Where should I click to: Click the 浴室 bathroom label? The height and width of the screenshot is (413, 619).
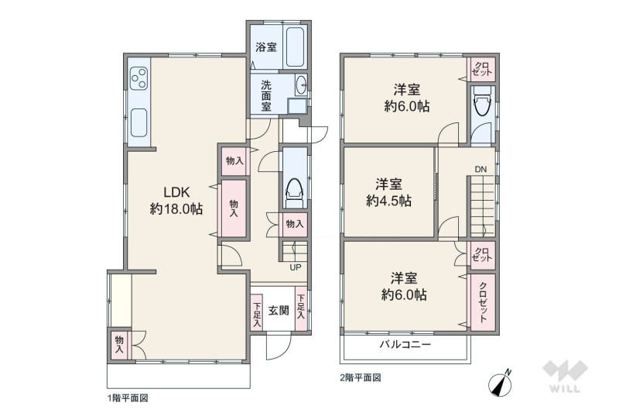click(x=266, y=47)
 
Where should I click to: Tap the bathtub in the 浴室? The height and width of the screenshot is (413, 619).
click(x=295, y=46)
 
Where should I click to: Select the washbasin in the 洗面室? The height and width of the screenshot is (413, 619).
click(x=301, y=84)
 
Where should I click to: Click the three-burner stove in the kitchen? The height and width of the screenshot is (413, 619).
click(x=139, y=78)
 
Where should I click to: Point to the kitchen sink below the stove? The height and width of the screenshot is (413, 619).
click(x=139, y=123)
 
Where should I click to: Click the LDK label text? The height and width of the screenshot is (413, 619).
click(x=177, y=192)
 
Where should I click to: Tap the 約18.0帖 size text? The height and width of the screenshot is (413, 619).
click(x=176, y=208)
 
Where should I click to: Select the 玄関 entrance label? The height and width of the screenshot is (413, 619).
click(x=279, y=310)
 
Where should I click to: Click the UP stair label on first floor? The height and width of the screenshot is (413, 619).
click(x=296, y=267)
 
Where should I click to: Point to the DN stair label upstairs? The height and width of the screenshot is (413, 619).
click(x=480, y=170)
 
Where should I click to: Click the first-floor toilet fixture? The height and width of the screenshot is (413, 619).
click(x=295, y=192)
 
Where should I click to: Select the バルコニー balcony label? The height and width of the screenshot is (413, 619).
click(x=405, y=344)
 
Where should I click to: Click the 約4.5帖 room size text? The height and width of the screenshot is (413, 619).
click(x=389, y=201)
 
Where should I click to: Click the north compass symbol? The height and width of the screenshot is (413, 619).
click(x=500, y=383)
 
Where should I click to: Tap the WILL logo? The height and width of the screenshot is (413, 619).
click(x=566, y=377)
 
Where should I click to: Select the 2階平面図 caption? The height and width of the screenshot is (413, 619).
click(x=361, y=378)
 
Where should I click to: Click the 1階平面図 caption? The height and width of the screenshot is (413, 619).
click(x=128, y=398)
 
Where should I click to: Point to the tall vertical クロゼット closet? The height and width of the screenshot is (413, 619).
click(x=482, y=302)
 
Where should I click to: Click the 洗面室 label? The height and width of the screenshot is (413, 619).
click(x=266, y=95)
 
